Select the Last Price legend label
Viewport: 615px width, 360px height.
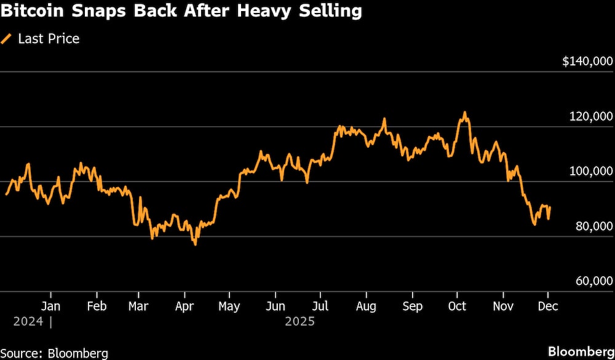[x=49, y=39]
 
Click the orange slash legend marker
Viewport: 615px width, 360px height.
[x=7, y=39]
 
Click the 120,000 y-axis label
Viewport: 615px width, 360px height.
[x=591, y=116]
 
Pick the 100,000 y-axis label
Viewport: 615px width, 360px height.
[x=591, y=171]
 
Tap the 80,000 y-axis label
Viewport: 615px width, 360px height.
[x=594, y=226]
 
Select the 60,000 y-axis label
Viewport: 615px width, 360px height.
[x=594, y=281]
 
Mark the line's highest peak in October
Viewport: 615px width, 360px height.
[x=465, y=112]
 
